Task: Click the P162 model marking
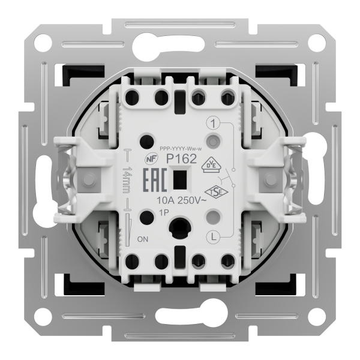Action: (x=181, y=158)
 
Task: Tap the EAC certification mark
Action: (x=155, y=180)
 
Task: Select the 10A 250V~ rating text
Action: (x=181, y=200)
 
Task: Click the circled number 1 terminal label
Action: (x=213, y=124)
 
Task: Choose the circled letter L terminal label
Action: (x=214, y=237)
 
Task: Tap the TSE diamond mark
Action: (x=216, y=192)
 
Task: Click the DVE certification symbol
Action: (x=212, y=164)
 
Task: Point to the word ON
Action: (x=143, y=239)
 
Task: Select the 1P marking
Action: (x=164, y=212)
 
